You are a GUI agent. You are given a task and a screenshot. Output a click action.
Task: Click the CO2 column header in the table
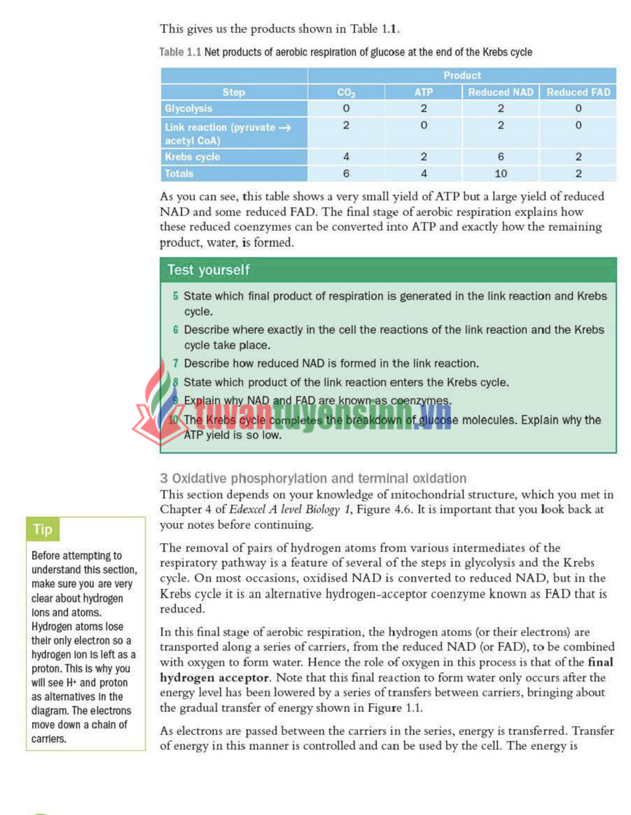346,92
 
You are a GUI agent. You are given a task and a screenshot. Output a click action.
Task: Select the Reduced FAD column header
578,92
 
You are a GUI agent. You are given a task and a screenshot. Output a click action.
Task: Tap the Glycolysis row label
189,109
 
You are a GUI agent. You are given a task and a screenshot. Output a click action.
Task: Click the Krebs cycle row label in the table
192,157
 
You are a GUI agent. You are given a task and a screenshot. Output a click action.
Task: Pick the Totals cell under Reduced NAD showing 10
501,174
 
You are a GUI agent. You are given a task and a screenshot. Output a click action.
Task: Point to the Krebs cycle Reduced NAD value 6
501,157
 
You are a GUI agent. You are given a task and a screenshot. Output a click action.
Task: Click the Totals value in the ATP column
424,174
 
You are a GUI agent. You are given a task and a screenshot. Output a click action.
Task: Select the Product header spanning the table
461,75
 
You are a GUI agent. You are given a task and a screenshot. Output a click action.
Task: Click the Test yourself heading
208,270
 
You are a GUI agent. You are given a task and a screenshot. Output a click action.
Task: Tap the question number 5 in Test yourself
175,296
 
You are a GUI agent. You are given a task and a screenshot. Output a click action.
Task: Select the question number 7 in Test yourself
175,364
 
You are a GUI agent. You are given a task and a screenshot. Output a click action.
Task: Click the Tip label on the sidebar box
43,529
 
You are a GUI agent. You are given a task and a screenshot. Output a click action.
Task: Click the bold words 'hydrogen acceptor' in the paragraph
214,677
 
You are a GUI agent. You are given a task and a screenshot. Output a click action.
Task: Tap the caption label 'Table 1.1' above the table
180,52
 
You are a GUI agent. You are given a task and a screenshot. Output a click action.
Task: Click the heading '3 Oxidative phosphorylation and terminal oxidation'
313,478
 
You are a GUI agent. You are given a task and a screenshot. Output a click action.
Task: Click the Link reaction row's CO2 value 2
346,125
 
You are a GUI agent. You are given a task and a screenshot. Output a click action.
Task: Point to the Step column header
234,92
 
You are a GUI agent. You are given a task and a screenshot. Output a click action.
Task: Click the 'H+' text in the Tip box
71,683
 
